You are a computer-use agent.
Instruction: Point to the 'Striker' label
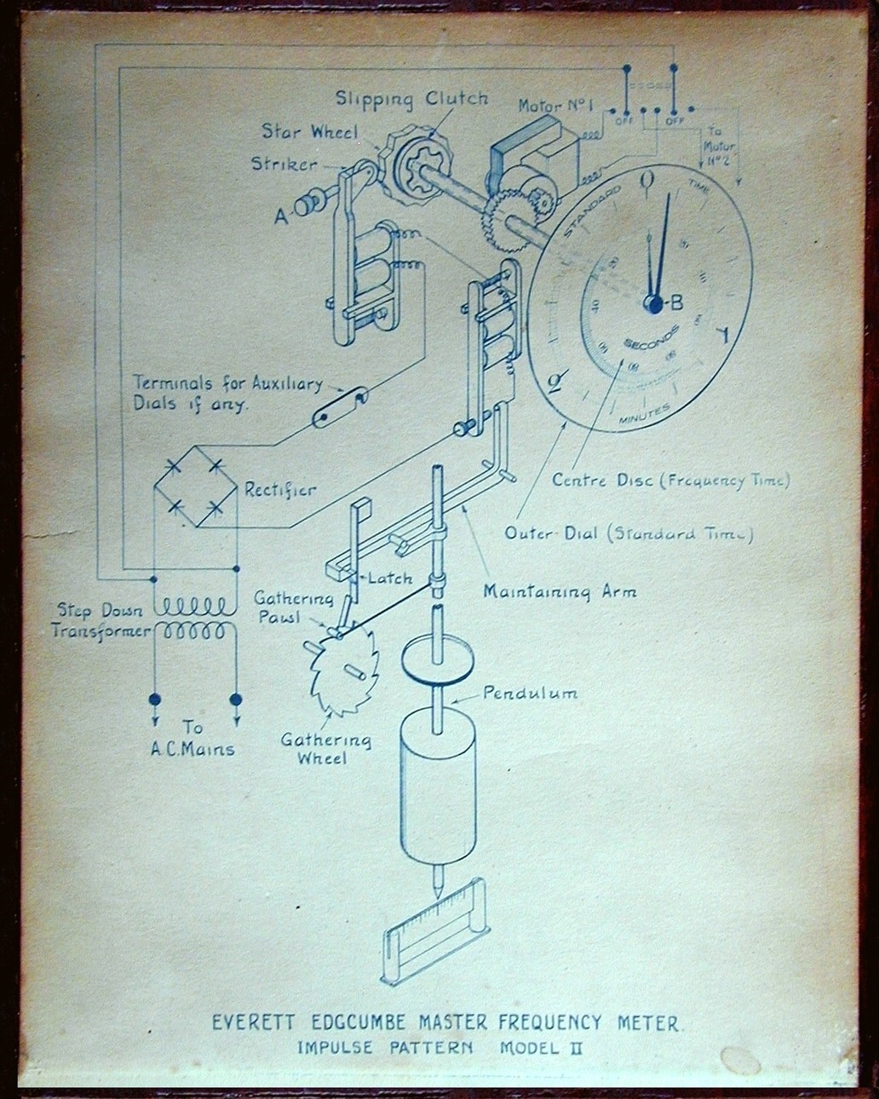[x=284, y=163]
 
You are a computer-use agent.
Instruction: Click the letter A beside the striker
[x=280, y=216]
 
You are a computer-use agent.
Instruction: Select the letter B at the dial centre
[x=676, y=302]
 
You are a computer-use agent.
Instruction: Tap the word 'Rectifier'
[x=280, y=489]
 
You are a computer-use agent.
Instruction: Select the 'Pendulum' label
[x=530, y=693]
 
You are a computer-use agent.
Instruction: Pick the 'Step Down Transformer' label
[x=102, y=621]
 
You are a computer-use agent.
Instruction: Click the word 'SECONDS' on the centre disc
[x=652, y=337]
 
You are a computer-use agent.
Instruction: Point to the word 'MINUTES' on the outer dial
[x=637, y=413]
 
